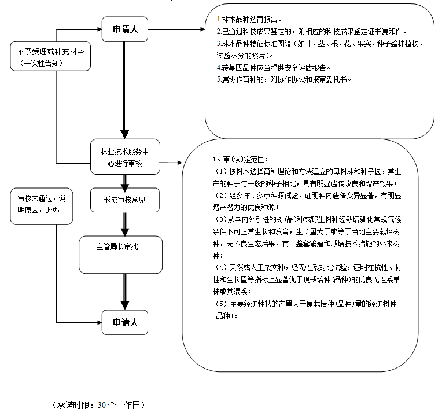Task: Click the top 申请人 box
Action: [125, 29]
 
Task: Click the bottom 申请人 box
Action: [125, 322]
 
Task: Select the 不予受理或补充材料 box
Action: [50, 56]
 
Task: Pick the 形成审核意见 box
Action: [124, 200]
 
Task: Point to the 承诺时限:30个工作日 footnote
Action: [98, 404]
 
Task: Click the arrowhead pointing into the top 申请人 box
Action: [98, 29]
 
